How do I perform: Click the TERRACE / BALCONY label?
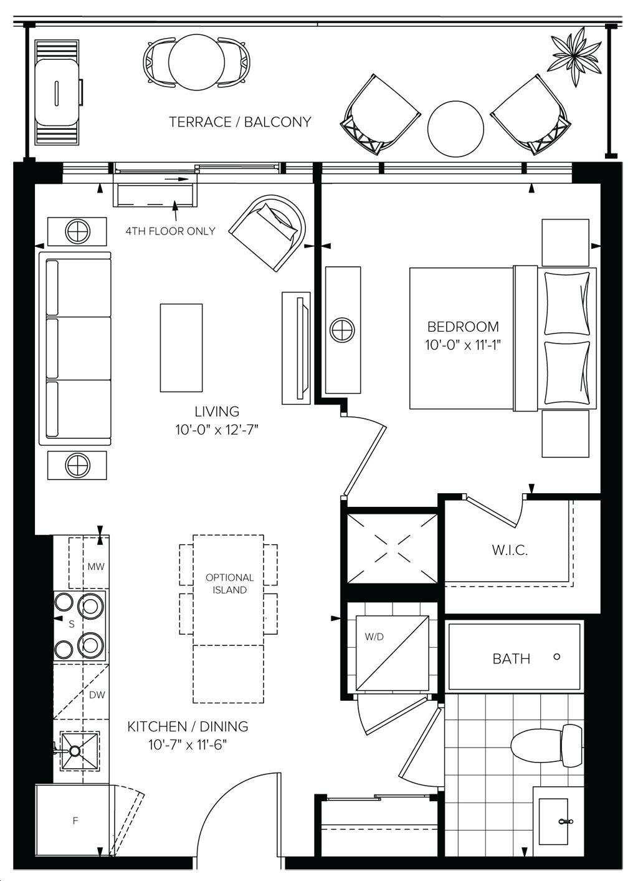point(240,122)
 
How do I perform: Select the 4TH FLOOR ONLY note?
point(171,231)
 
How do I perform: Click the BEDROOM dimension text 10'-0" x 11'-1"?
point(463,345)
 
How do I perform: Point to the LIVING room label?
point(217,412)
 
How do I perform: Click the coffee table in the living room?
point(181,348)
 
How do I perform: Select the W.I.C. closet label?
point(510,550)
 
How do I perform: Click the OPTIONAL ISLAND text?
point(229,584)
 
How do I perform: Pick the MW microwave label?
point(96,567)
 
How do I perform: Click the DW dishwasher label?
point(97,695)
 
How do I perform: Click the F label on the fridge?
point(75,821)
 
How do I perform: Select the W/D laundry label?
point(374,637)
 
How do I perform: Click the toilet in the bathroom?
point(547,745)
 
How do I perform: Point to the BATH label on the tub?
point(512,658)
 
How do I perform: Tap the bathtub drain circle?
point(556,657)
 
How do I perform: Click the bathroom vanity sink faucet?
point(566,821)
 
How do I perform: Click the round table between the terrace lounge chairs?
point(455,129)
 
